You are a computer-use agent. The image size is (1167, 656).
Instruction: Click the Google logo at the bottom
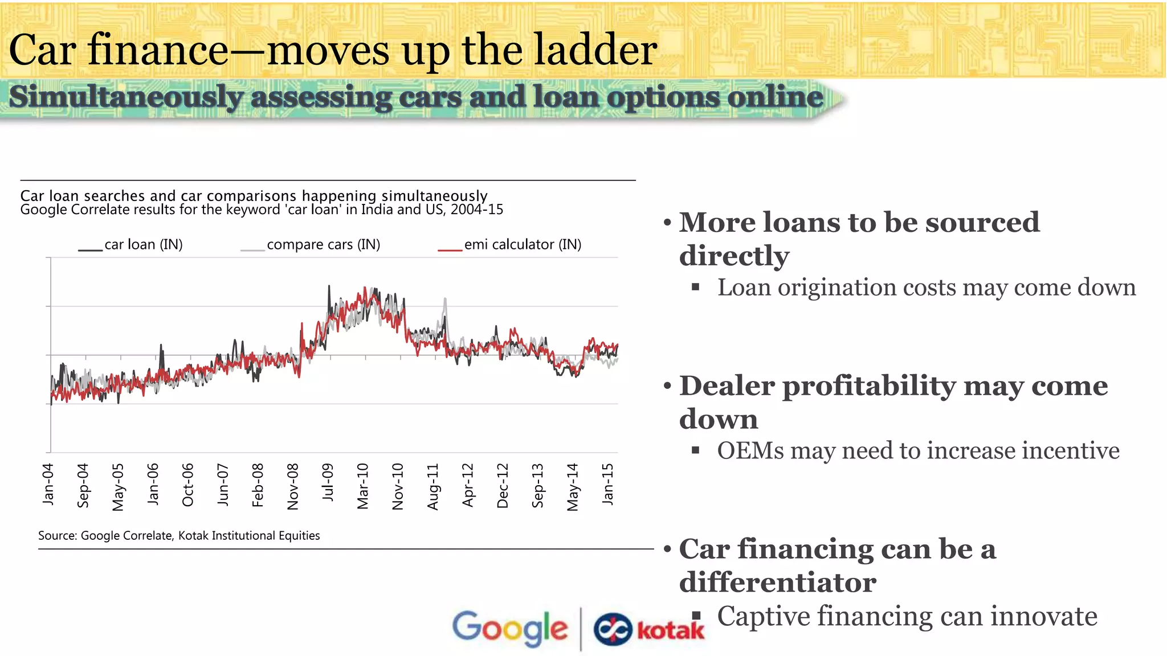510,628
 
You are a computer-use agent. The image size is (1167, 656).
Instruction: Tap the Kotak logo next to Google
649,630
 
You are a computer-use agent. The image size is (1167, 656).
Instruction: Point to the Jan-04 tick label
48,484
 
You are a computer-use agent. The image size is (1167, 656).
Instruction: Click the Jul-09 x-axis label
328,482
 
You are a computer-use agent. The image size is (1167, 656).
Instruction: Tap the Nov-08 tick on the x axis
293,486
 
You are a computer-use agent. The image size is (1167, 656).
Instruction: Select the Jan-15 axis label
608,484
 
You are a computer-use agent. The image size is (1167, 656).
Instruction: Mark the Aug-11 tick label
433,486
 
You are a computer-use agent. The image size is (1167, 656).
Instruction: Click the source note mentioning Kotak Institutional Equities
179,536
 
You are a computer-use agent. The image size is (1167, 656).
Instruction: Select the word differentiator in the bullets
777,583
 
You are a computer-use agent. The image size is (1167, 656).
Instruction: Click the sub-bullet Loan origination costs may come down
926,288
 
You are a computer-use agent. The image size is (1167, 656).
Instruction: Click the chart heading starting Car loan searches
254,196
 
